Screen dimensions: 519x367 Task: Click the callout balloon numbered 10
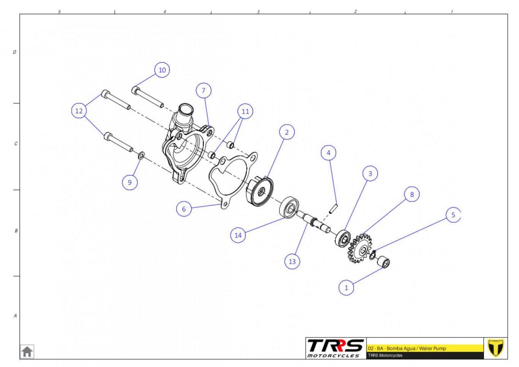[x=162, y=70]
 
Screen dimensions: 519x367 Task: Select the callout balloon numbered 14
[x=238, y=235]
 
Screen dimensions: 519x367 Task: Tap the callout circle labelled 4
[x=328, y=153]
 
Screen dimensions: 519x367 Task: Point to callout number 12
[x=79, y=111]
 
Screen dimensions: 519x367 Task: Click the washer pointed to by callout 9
[x=141, y=156]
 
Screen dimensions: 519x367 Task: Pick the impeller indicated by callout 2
[x=259, y=191]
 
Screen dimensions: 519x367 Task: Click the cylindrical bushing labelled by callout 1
[x=384, y=262]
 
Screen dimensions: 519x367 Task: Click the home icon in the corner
[x=27, y=351]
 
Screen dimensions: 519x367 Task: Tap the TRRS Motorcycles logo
[x=335, y=348]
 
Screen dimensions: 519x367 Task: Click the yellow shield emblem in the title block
[x=495, y=348]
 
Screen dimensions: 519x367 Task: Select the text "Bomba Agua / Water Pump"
[x=416, y=348]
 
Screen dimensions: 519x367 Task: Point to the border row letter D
[x=14, y=52]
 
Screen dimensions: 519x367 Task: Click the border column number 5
[x=59, y=11]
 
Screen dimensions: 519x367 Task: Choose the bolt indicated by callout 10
[x=147, y=97]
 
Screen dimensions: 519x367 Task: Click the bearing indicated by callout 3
[x=343, y=238]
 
